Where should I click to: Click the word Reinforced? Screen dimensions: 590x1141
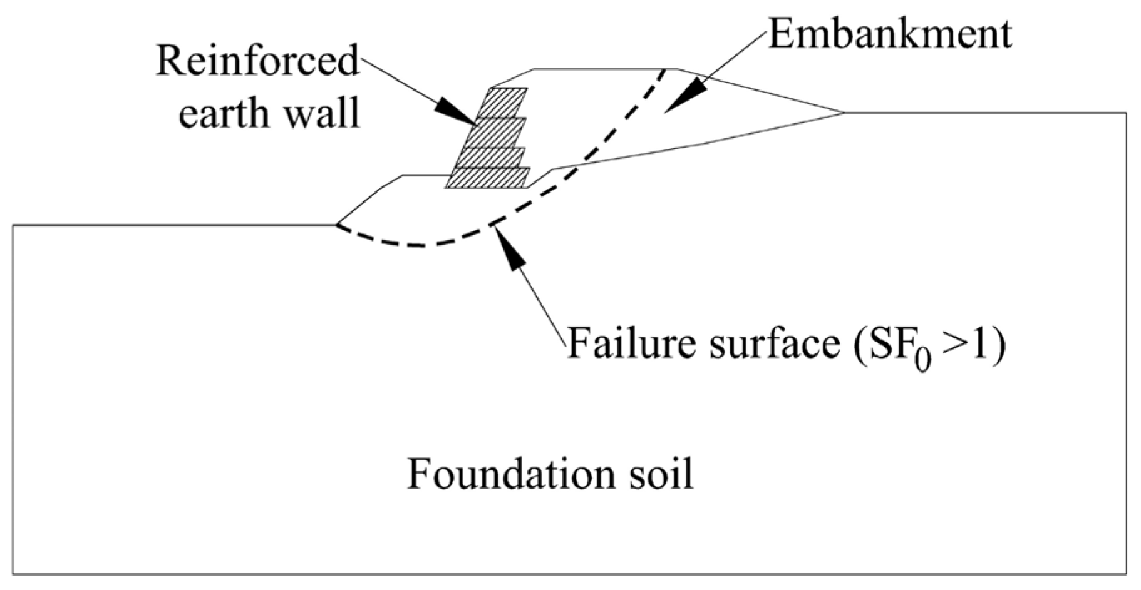257,61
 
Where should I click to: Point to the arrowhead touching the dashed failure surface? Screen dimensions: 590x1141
511,250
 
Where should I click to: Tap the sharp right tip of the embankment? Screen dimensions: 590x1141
843,113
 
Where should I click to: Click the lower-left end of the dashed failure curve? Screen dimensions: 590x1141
338,225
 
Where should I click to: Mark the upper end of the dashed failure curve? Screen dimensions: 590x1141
664,70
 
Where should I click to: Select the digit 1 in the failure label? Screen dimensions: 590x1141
980,343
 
